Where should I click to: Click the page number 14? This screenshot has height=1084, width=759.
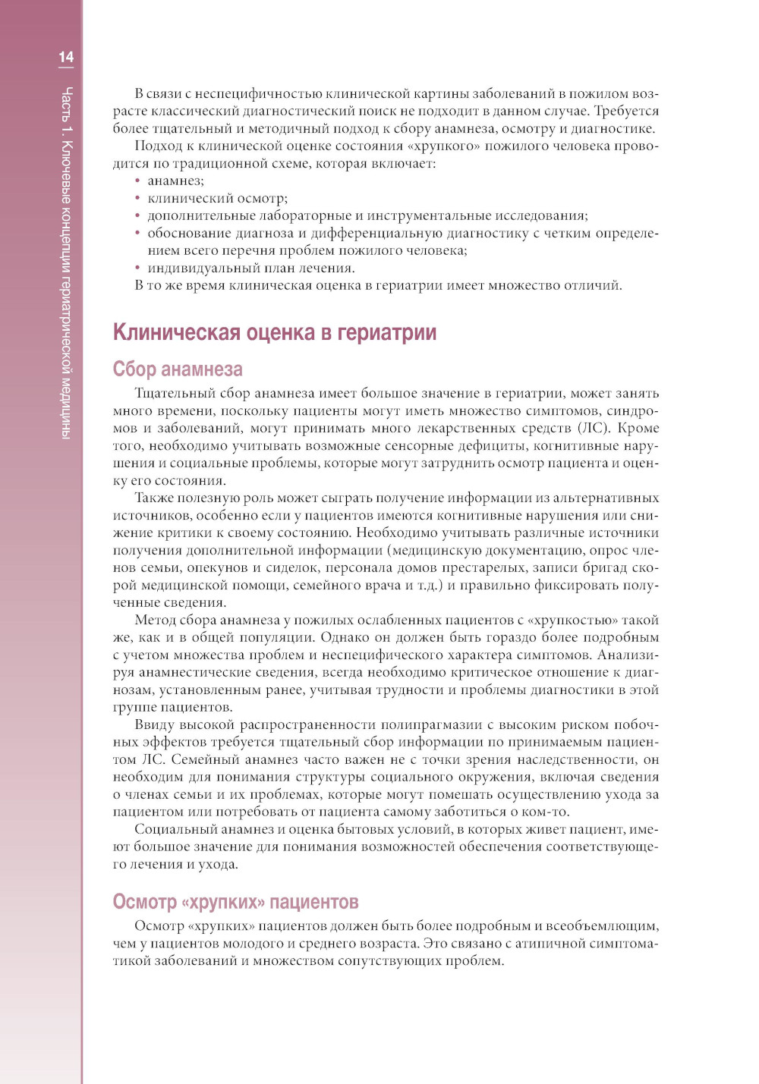pos(66,57)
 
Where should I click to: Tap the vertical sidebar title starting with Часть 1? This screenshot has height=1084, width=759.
pos(67,262)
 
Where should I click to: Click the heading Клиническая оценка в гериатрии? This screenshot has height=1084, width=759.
pos(274,332)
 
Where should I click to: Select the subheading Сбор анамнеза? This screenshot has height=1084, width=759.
pos(178,369)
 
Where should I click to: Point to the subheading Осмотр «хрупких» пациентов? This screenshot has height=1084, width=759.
pos(235,902)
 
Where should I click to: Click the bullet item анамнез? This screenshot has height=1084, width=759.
pos(175,181)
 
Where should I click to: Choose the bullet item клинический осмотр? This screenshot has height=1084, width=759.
pos(217,198)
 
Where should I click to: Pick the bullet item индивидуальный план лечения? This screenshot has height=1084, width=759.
pos(250,268)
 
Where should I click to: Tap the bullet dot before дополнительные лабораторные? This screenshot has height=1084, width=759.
pos(137,216)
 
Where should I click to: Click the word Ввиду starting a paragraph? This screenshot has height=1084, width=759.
pos(154,724)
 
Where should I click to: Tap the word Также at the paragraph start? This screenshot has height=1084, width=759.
pos(155,498)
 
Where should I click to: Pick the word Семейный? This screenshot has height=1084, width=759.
pos(203,759)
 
